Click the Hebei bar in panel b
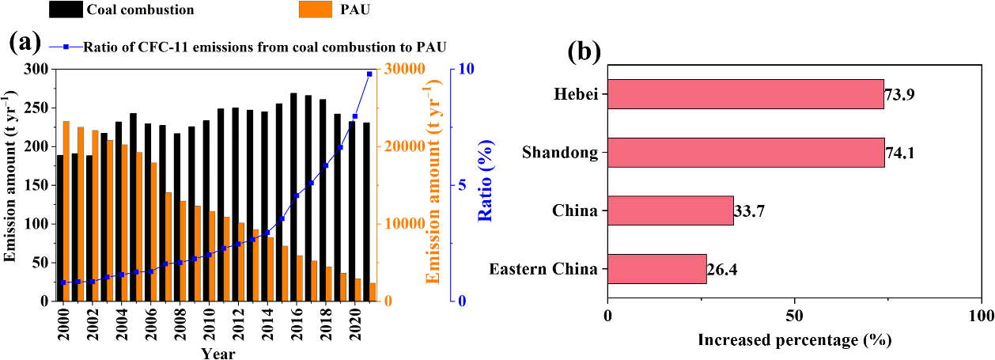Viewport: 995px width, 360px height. pyautogui.click(x=745, y=93)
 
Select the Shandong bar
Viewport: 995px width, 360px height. pyautogui.click(x=746, y=152)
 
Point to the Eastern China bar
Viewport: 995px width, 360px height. pyautogui.click(x=656, y=268)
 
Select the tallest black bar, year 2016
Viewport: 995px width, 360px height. pyautogui.click(x=293, y=197)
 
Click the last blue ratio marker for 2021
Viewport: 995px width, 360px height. pyautogui.click(x=369, y=74)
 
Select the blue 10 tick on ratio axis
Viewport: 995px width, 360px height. pyautogui.click(x=467, y=70)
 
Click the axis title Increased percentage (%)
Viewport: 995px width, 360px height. pyautogui.click(x=794, y=340)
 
